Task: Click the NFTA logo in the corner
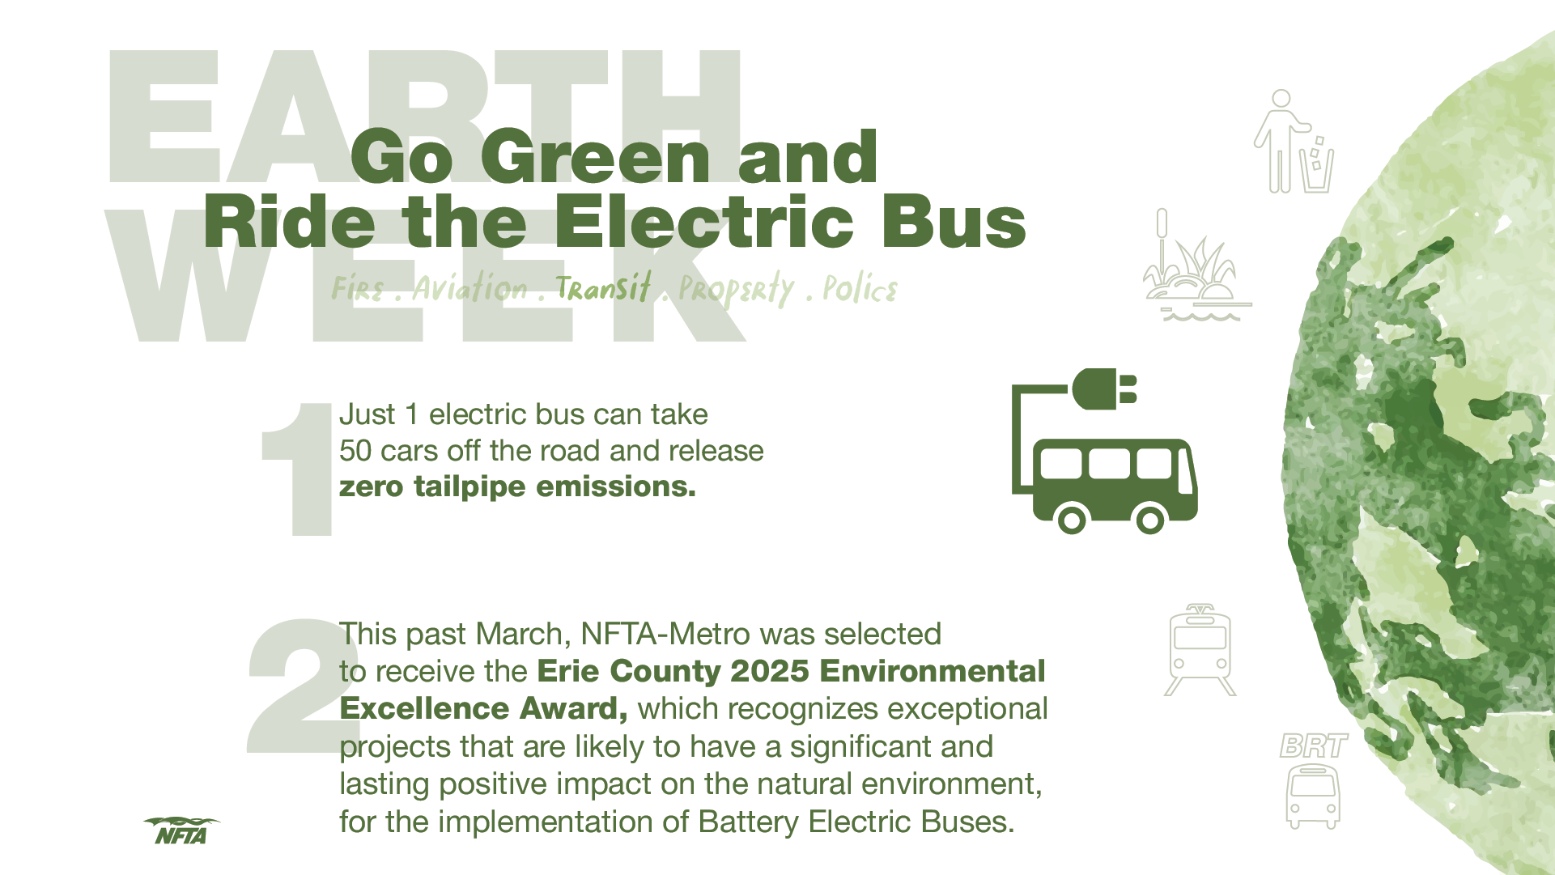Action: [181, 830]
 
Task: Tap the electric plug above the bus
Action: [1104, 389]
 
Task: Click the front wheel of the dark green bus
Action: [1150, 519]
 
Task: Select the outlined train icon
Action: [1200, 650]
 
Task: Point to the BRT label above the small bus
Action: [1314, 745]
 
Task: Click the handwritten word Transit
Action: [603, 287]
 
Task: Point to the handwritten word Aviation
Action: [470, 287]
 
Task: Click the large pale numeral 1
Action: [297, 469]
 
